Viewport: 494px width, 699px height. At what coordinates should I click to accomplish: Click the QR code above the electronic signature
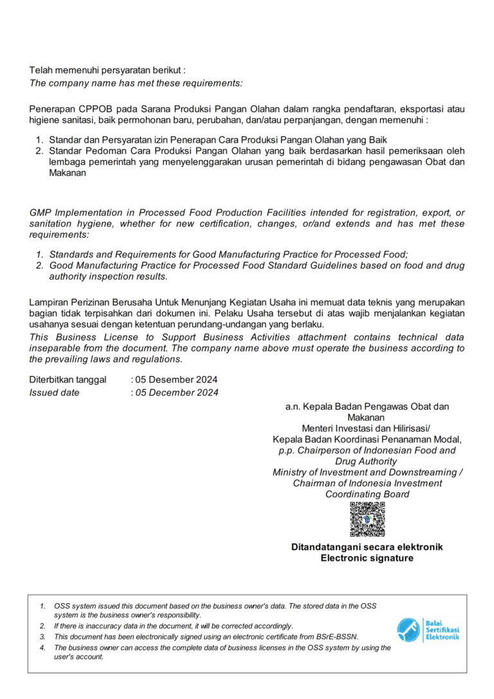pos(367,519)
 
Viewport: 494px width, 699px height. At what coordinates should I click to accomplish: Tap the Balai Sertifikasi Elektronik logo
pos(428,630)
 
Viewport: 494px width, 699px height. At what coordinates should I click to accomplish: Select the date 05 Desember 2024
pos(176,380)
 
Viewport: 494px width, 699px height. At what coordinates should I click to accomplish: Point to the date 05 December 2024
pos(177,392)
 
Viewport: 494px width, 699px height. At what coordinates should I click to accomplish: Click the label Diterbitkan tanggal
pos(68,380)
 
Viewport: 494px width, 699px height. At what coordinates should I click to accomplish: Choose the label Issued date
pos(55,392)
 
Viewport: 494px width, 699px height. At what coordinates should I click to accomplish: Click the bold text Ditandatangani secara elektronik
pos(367,547)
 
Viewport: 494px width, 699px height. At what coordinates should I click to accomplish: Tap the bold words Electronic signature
pos(367,558)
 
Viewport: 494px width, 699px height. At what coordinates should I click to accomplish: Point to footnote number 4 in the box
pos(42,648)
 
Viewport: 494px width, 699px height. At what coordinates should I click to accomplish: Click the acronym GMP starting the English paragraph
pos(41,213)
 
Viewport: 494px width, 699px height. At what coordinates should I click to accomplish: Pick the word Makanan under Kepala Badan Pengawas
pos(367,417)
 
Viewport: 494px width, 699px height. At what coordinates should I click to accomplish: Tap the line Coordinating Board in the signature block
pos(367,494)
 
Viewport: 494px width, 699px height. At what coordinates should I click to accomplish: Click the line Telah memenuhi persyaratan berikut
pos(107,69)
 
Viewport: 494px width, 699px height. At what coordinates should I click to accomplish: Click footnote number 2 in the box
pos(42,626)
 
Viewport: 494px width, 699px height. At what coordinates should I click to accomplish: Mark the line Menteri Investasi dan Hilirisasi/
pos(367,428)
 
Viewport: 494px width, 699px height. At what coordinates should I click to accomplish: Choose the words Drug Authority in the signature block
pos(367,461)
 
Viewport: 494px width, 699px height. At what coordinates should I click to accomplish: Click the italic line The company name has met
pos(136,82)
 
